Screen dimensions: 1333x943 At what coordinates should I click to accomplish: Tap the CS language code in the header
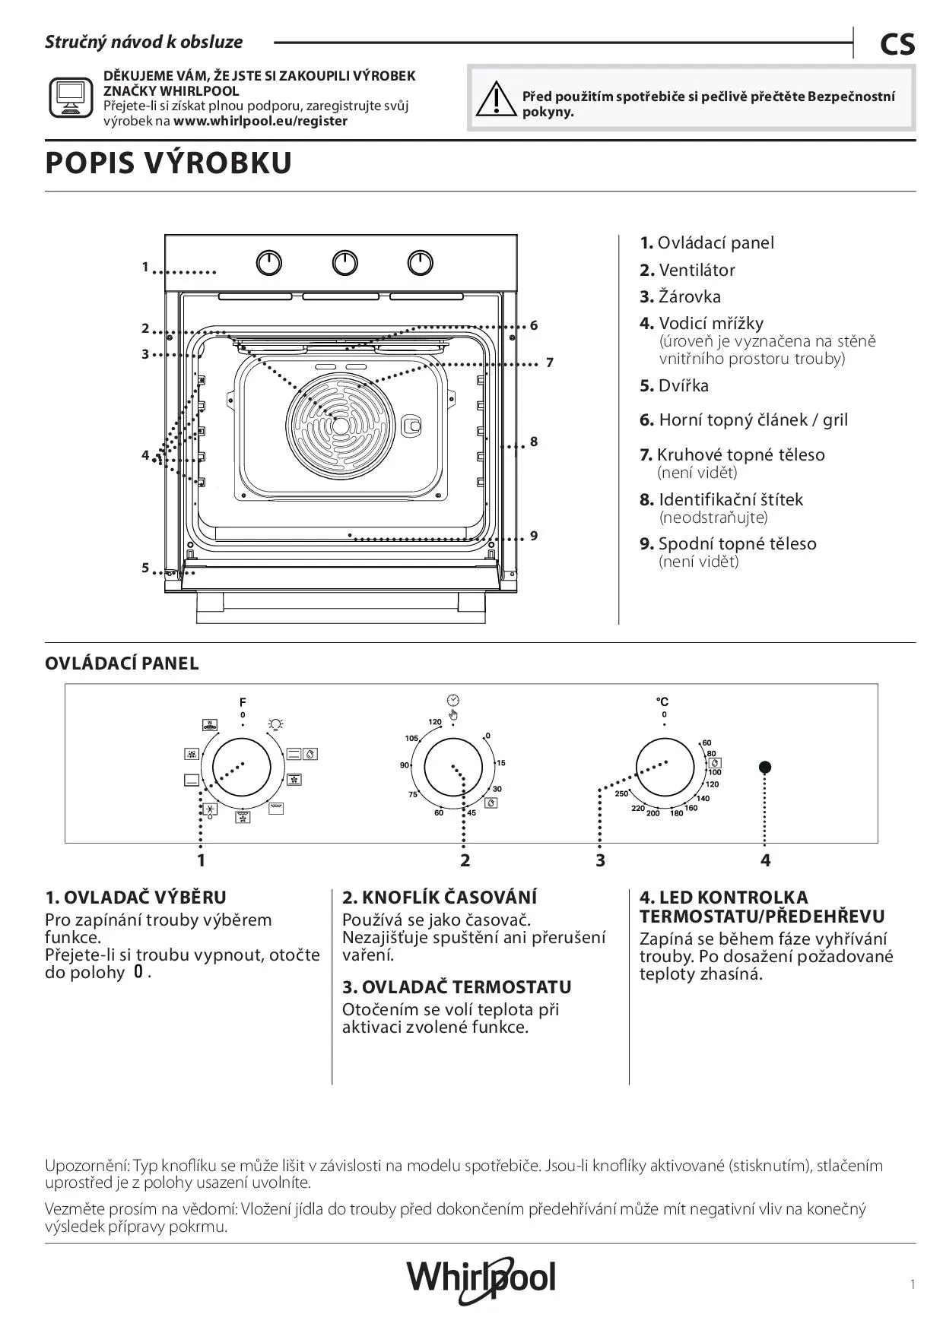(x=897, y=45)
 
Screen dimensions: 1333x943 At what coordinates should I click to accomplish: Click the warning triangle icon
(x=494, y=99)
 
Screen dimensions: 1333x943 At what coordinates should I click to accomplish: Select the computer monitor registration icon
(x=71, y=97)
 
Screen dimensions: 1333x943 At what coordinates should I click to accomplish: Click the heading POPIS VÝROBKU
(x=168, y=163)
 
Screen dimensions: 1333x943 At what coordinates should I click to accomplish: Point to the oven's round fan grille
(x=340, y=426)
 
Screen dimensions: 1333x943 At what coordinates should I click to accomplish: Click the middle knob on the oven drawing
(x=344, y=263)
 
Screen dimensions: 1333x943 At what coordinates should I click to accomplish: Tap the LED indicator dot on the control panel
(x=765, y=767)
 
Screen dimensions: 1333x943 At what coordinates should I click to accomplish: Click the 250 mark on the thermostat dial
(x=621, y=793)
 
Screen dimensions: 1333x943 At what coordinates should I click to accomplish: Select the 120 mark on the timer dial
(x=434, y=722)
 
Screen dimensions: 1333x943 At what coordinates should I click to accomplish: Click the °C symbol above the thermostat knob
(x=663, y=701)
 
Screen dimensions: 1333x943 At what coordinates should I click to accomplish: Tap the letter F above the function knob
(x=243, y=702)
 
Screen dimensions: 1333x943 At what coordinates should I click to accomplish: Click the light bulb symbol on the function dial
(x=275, y=723)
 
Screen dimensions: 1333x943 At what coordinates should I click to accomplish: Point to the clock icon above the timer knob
(x=453, y=699)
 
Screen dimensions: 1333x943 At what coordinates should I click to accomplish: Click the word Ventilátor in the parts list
(x=697, y=270)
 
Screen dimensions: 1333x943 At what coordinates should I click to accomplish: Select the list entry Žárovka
(x=689, y=296)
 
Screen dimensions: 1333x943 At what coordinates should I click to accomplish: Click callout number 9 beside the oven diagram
(x=534, y=536)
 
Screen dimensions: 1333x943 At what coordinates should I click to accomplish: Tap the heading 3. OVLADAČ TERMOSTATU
(x=456, y=987)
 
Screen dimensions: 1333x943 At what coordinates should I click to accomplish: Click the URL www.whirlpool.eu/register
(x=260, y=121)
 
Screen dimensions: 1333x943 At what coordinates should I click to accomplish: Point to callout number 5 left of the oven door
(x=144, y=568)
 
